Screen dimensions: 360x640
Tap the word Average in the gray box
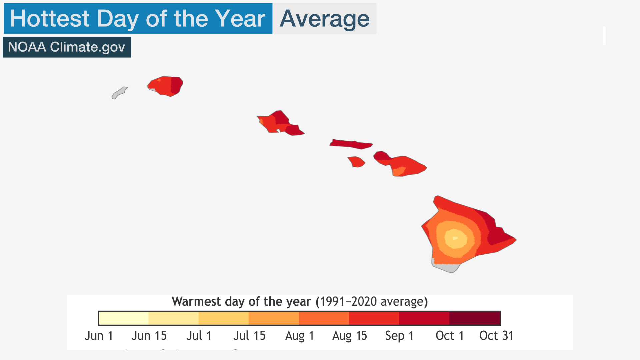pos(324,19)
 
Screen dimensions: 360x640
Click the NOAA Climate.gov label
pos(66,47)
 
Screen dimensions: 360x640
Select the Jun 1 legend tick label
pos(99,335)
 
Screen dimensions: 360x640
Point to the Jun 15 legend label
pos(149,335)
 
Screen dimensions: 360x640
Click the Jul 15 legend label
pos(249,335)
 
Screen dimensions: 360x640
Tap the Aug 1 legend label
pos(300,335)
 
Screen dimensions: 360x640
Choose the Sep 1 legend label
pos(399,335)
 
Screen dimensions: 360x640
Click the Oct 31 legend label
pos(496,335)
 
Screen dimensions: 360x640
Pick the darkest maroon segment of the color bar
pos(475,318)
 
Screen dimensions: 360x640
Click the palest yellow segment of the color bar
pos(124,318)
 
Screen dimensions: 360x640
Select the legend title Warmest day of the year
pos(241,301)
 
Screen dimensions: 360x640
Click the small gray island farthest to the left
pos(119,93)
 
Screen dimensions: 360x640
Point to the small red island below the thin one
pos(356,162)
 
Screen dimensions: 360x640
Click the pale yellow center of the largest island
pos(455,238)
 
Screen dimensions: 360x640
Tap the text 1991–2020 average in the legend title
pos(371,301)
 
